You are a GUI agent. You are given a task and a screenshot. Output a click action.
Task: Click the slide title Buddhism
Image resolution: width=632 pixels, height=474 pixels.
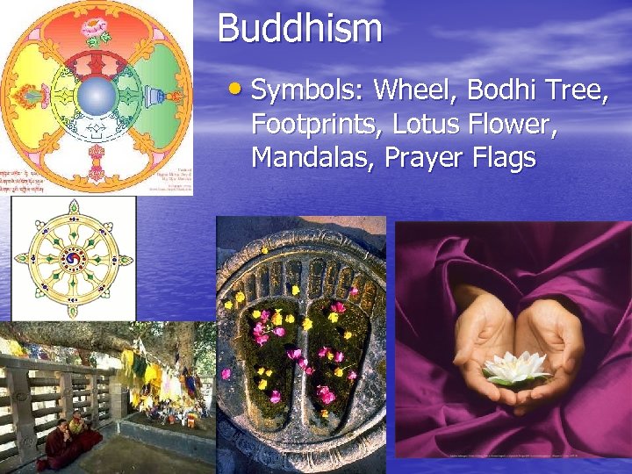coord(299,28)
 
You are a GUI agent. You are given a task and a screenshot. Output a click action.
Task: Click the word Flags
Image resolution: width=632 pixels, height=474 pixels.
coord(506,159)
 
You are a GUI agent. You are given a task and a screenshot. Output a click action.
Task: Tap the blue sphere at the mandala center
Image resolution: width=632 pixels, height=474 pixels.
coord(97,95)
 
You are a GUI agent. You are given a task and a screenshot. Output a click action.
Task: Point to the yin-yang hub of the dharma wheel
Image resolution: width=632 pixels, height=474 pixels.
coord(73,259)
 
